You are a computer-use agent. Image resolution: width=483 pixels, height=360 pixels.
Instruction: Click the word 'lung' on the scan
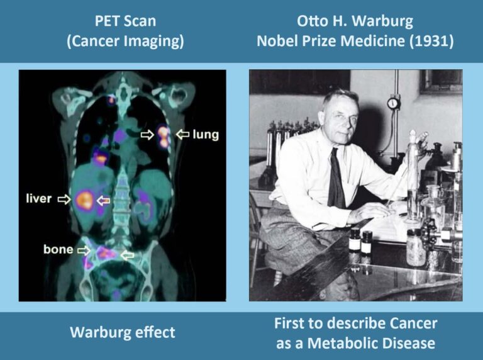[206, 134]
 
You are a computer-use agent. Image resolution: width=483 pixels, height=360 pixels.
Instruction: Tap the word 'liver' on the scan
[38, 200]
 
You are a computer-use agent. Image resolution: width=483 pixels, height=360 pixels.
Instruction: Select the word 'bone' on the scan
[58, 250]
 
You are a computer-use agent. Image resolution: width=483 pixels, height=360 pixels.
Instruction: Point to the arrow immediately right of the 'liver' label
[64, 200]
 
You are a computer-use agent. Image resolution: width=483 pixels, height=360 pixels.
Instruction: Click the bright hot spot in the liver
[84, 200]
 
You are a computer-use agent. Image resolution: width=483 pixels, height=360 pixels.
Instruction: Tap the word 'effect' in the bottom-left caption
[154, 332]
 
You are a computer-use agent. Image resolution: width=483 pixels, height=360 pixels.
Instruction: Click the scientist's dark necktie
[336, 179]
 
